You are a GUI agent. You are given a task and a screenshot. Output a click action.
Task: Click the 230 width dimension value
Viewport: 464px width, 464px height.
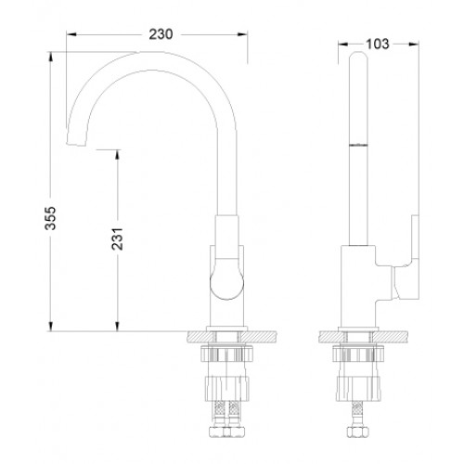pos(161,34)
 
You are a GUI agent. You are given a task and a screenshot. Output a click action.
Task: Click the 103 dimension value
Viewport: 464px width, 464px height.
pos(378,45)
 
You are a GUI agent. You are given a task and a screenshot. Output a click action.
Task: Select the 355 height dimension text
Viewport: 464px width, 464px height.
pos(51,218)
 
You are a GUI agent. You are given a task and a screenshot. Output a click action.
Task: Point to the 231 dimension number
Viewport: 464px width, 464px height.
pos(118,239)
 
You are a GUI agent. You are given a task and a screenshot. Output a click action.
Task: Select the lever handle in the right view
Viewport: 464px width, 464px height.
pos(406,259)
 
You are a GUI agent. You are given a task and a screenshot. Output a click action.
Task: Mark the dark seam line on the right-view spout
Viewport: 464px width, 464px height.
pos(358,145)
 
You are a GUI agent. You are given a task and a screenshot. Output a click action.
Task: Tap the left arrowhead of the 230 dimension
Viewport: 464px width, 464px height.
pos(71,34)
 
